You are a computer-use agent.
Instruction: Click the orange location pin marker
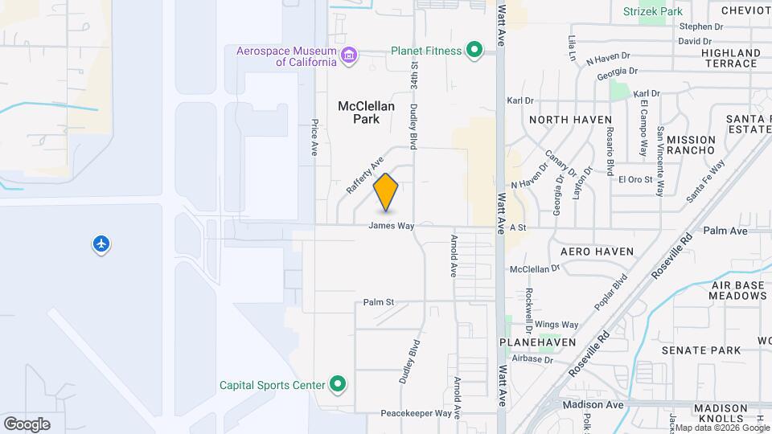(386, 191)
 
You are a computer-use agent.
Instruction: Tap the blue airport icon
(101, 244)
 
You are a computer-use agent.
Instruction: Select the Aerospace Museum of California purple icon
(349, 55)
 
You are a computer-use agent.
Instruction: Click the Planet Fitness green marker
(474, 51)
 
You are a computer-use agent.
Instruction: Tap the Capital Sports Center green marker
(338, 384)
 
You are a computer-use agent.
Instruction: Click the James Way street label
(392, 226)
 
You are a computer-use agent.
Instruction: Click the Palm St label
(378, 302)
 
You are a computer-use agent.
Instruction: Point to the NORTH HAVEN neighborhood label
(571, 120)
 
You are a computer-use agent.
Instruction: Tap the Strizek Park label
(653, 11)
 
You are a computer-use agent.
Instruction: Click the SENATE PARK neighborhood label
(700, 350)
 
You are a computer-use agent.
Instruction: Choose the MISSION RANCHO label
(691, 145)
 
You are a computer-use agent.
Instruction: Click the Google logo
(27, 424)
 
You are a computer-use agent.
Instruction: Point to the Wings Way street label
(556, 325)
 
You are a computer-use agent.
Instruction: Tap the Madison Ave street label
(593, 404)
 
